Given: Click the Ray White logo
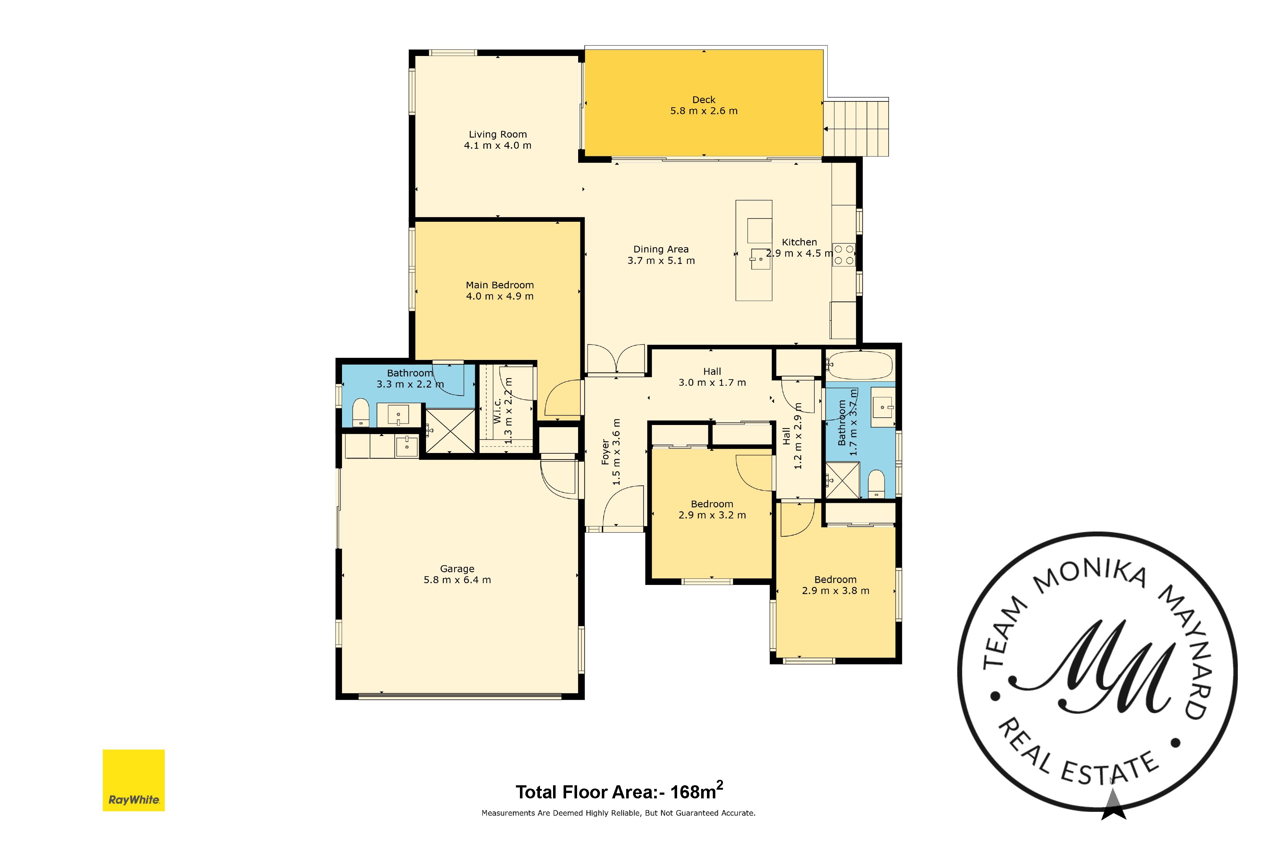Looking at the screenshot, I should [134, 780].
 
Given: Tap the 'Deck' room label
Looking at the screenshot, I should [704, 100].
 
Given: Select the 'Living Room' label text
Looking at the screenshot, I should [497, 135].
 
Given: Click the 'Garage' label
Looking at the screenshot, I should [457, 569].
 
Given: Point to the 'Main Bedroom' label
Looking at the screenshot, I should [500, 285].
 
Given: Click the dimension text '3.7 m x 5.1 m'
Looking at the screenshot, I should [661, 261].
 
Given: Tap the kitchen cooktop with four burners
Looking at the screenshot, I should [844, 255].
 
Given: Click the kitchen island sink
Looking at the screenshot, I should [760, 259].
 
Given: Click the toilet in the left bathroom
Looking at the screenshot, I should [361, 413].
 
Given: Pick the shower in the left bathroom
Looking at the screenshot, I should [450, 431].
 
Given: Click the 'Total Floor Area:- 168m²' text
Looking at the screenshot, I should [619, 792].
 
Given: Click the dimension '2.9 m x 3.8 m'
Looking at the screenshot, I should [835, 591].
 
